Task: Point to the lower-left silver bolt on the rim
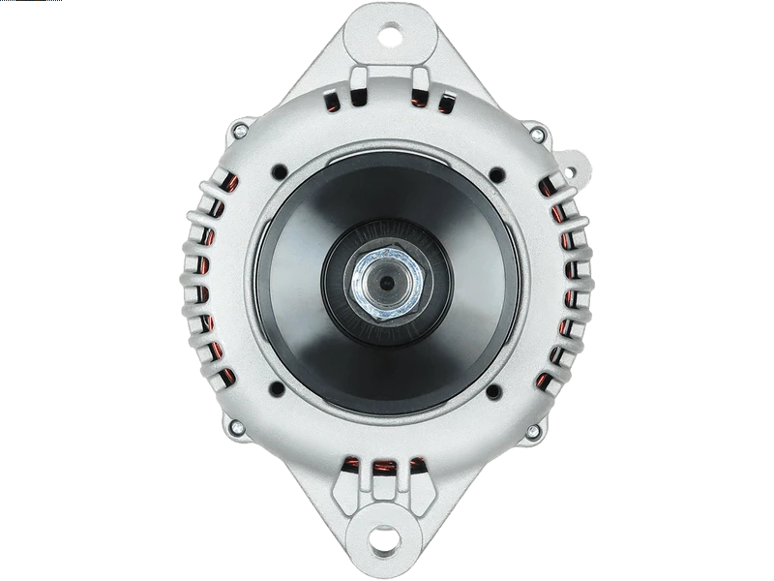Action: point(233,426)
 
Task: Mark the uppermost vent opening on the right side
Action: point(555,185)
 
